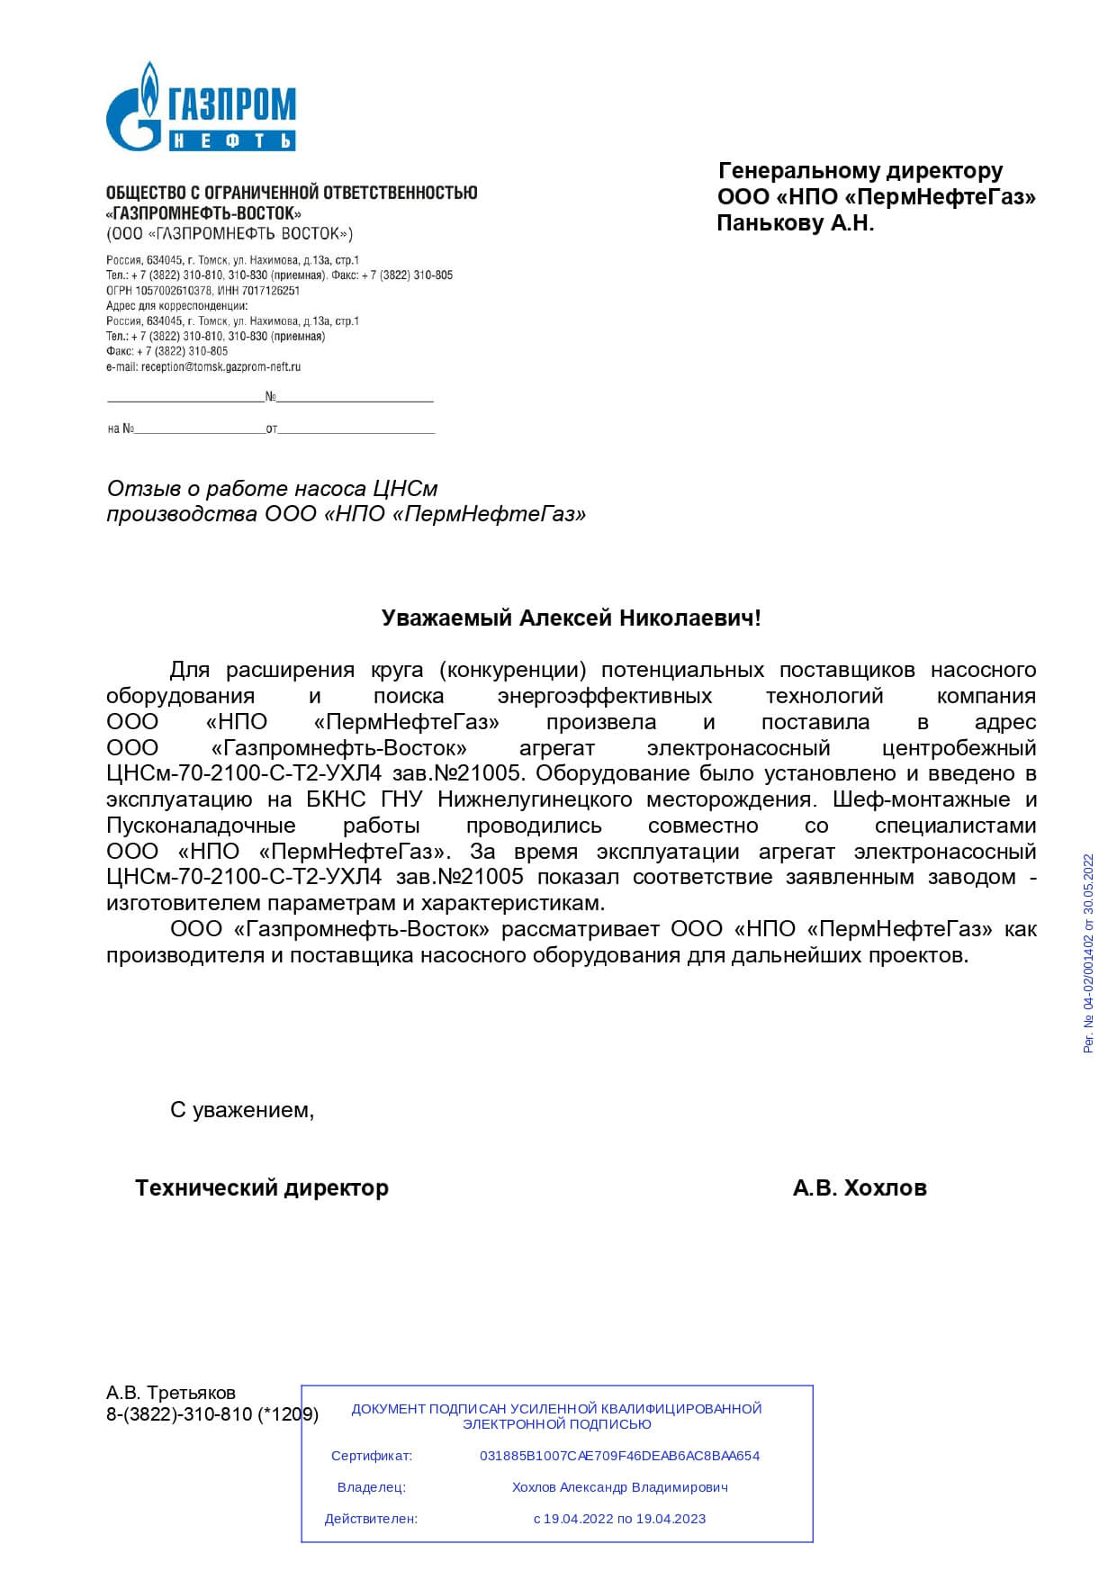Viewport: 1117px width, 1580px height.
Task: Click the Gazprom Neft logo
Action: (x=201, y=107)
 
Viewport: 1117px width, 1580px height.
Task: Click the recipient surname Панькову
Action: (x=770, y=224)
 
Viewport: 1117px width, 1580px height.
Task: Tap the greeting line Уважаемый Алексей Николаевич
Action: (x=571, y=618)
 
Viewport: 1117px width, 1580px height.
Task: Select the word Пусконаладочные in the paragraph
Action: (x=201, y=826)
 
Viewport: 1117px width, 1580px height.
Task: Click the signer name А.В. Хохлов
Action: (x=860, y=1188)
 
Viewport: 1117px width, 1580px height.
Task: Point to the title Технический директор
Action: (x=262, y=1188)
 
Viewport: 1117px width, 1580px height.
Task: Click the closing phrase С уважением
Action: (x=242, y=1110)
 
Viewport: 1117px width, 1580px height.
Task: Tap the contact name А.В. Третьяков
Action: (x=171, y=1393)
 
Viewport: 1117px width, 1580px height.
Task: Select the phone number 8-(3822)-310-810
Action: (x=179, y=1414)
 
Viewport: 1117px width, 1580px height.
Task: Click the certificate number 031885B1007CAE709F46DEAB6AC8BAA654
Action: (x=619, y=1456)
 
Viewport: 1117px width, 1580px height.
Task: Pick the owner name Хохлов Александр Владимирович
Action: (x=619, y=1487)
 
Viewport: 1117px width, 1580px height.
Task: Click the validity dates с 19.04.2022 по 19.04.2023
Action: (x=619, y=1519)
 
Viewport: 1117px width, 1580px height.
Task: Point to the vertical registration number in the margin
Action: (x=1088, y=953)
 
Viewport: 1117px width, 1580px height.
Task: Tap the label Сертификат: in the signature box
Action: (x=371, y=1456)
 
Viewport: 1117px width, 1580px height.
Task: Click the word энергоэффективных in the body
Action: (x=604, y=696)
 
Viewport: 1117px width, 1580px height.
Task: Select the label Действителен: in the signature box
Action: (x=371, y=1519)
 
